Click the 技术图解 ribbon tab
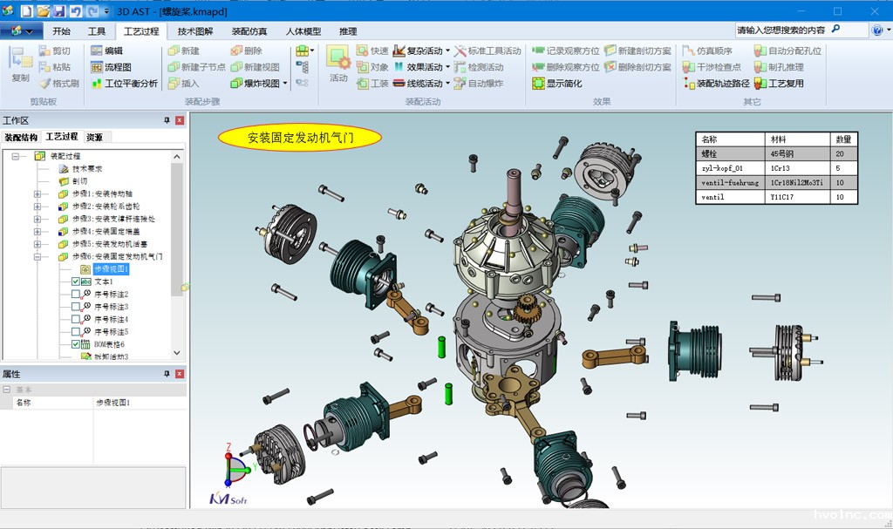(x=194, y=31)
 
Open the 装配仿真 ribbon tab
(x=249, y=31)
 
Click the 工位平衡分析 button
(x=124, y=84)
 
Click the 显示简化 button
(x=557, y=84)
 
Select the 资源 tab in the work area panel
(x=94, y=137)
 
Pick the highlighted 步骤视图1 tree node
(x=111, y=269)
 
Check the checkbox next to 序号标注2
(x=76, y=295)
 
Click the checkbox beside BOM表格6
(x=76, y=344)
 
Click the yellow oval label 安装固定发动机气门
(x=300, y=137)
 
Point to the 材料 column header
(x=779, y=139)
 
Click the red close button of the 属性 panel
(x=179, y=374)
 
